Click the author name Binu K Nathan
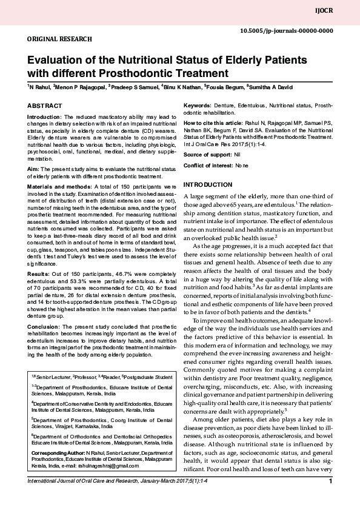click(x=181, y=87)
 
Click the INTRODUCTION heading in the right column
click(x=207, y=184)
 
